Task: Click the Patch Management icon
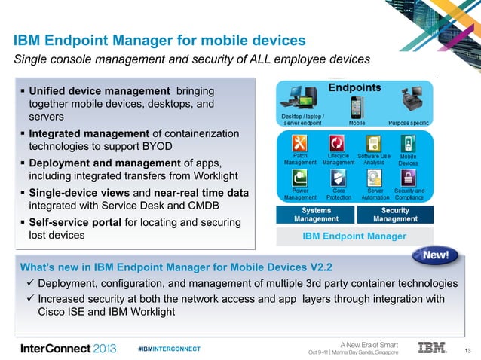click(300, 143)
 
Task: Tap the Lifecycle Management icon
click(338, 143)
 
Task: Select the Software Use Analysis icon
click(373, 143)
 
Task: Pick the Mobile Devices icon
click(408, 143)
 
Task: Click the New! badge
click(435, 255)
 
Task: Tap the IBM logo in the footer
click(433, 347)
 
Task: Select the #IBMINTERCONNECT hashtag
click(170, 349)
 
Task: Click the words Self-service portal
click(72, 223)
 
